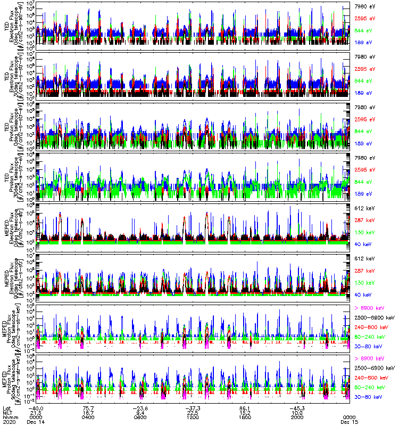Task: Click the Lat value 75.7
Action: pos(88,407)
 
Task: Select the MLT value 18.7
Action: pos(88,412)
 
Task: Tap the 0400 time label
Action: pos(88,416)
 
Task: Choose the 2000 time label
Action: pos(297,416)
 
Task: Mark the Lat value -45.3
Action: pos(297,407)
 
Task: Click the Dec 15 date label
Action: pos(348,421)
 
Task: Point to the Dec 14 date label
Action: pos(35,421)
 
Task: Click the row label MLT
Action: pos(7,412)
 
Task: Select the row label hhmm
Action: pos(8,416)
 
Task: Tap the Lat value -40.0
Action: pos(35,407)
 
